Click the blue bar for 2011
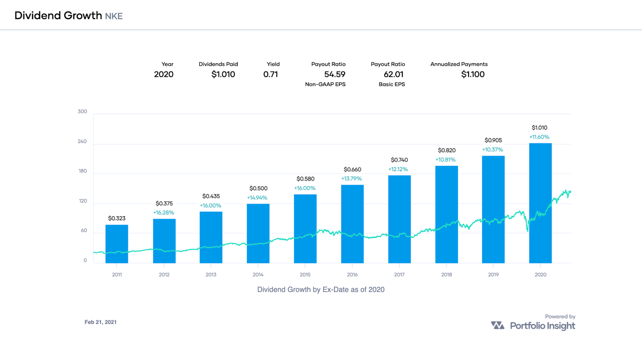(117, 244)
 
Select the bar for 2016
(352, 224)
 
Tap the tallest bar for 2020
(540, 203)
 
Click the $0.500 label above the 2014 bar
(258, 189)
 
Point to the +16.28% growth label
(164, 213)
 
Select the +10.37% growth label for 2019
(493, 150)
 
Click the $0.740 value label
(399, 160)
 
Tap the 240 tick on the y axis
(82, 141)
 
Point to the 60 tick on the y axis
(84, 231)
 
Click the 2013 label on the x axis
(211, 275)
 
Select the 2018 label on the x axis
(446, 275)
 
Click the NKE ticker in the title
(114, 16)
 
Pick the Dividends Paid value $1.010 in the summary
(223, 75)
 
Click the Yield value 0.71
(270, 75)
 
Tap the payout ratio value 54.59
(335, 75)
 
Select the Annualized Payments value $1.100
(473, 75)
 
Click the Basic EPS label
(392, 85)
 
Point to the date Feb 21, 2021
(100, 322)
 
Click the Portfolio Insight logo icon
(498, 326)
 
